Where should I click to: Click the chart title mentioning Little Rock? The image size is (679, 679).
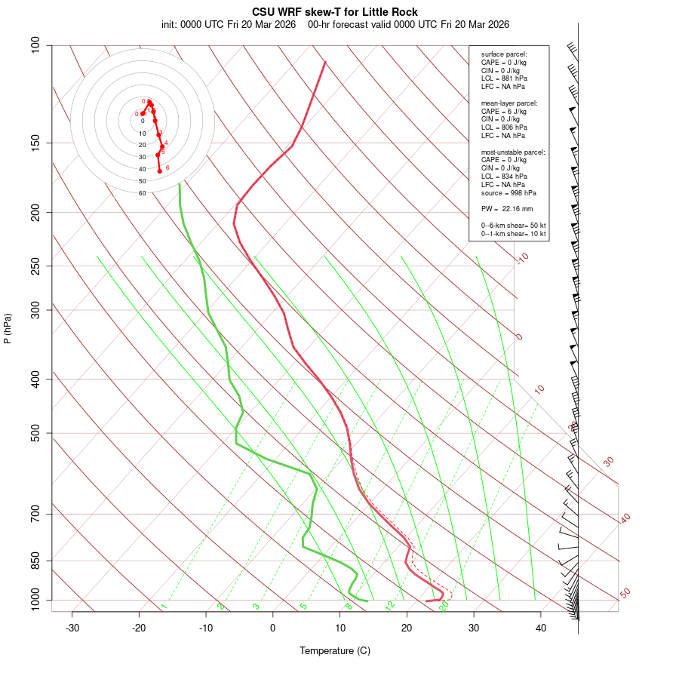335,12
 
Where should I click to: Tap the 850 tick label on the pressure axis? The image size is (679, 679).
36,561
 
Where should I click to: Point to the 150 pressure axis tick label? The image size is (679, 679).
36,143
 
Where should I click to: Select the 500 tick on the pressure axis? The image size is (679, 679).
36,433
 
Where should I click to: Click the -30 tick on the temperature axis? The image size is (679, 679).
72,628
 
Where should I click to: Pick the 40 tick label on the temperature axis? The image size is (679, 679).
541,628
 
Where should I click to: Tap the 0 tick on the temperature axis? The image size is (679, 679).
273,628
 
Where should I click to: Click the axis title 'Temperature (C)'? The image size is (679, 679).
335,650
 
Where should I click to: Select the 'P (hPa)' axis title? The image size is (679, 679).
8,329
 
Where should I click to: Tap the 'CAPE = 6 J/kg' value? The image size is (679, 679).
504,111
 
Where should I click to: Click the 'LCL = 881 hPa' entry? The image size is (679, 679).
504,78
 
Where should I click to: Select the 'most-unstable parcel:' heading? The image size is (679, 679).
513,152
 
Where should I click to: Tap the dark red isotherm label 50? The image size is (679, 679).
625,594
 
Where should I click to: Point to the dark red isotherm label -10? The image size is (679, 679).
522,259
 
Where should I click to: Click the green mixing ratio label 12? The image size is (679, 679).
390,605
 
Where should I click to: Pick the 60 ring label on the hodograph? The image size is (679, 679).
142,193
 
